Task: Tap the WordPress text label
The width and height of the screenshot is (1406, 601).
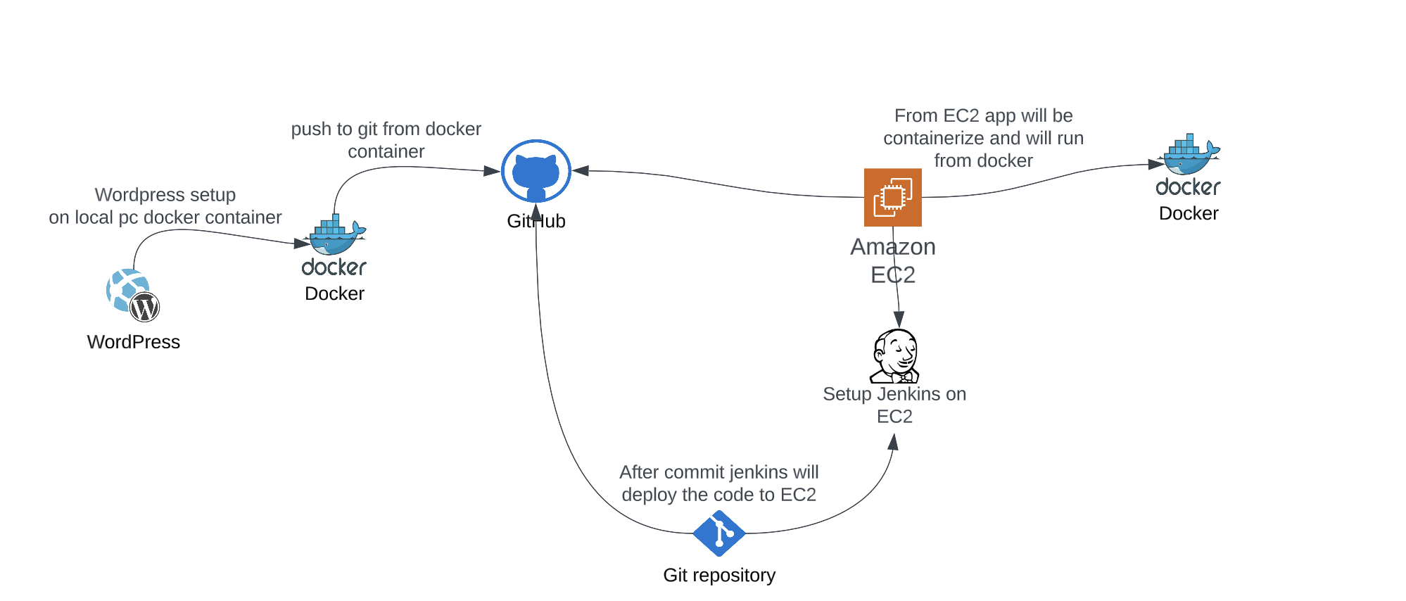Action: pos(134,342)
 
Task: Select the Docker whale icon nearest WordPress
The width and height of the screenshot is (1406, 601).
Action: pos(337,236)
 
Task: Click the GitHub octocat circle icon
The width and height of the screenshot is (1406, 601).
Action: pos(536,171)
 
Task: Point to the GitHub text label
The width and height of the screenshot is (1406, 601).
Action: pos(536,221)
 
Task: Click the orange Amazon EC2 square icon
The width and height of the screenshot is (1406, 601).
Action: pos(892,197)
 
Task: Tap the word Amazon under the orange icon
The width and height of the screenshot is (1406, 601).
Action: pos(892,247)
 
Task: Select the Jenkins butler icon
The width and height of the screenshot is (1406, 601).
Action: pos(895,355)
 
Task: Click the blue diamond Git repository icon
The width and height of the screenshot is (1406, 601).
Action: pos(718,533)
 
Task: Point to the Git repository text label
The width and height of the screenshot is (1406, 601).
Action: pos(718,575)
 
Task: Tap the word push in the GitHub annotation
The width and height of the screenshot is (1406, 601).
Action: pos(307,129)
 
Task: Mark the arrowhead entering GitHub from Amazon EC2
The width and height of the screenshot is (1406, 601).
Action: pos(581,170)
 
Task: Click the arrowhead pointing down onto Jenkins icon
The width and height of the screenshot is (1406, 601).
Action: pos(899,320)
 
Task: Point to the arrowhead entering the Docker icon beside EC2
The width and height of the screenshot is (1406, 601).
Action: pos(1155,164)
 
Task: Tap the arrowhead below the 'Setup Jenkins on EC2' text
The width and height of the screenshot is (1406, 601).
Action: pos(893,442)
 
